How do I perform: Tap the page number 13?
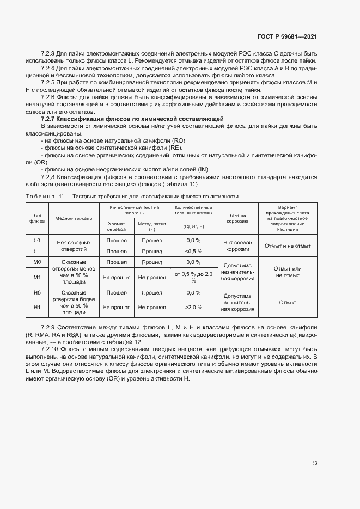(314, 463)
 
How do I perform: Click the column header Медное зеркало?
(74, 218)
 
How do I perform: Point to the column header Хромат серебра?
(116, 226)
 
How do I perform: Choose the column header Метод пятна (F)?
(152, 226)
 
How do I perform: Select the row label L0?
(37, 240)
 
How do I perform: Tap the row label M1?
(37, 277)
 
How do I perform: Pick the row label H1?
(37, 307)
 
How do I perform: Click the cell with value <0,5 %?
(193, 251)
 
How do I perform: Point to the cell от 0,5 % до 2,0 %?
(193, 277)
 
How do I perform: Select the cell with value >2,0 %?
(193, 307)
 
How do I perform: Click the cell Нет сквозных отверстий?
(74, 246)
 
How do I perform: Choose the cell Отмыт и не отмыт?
(287, 246)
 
